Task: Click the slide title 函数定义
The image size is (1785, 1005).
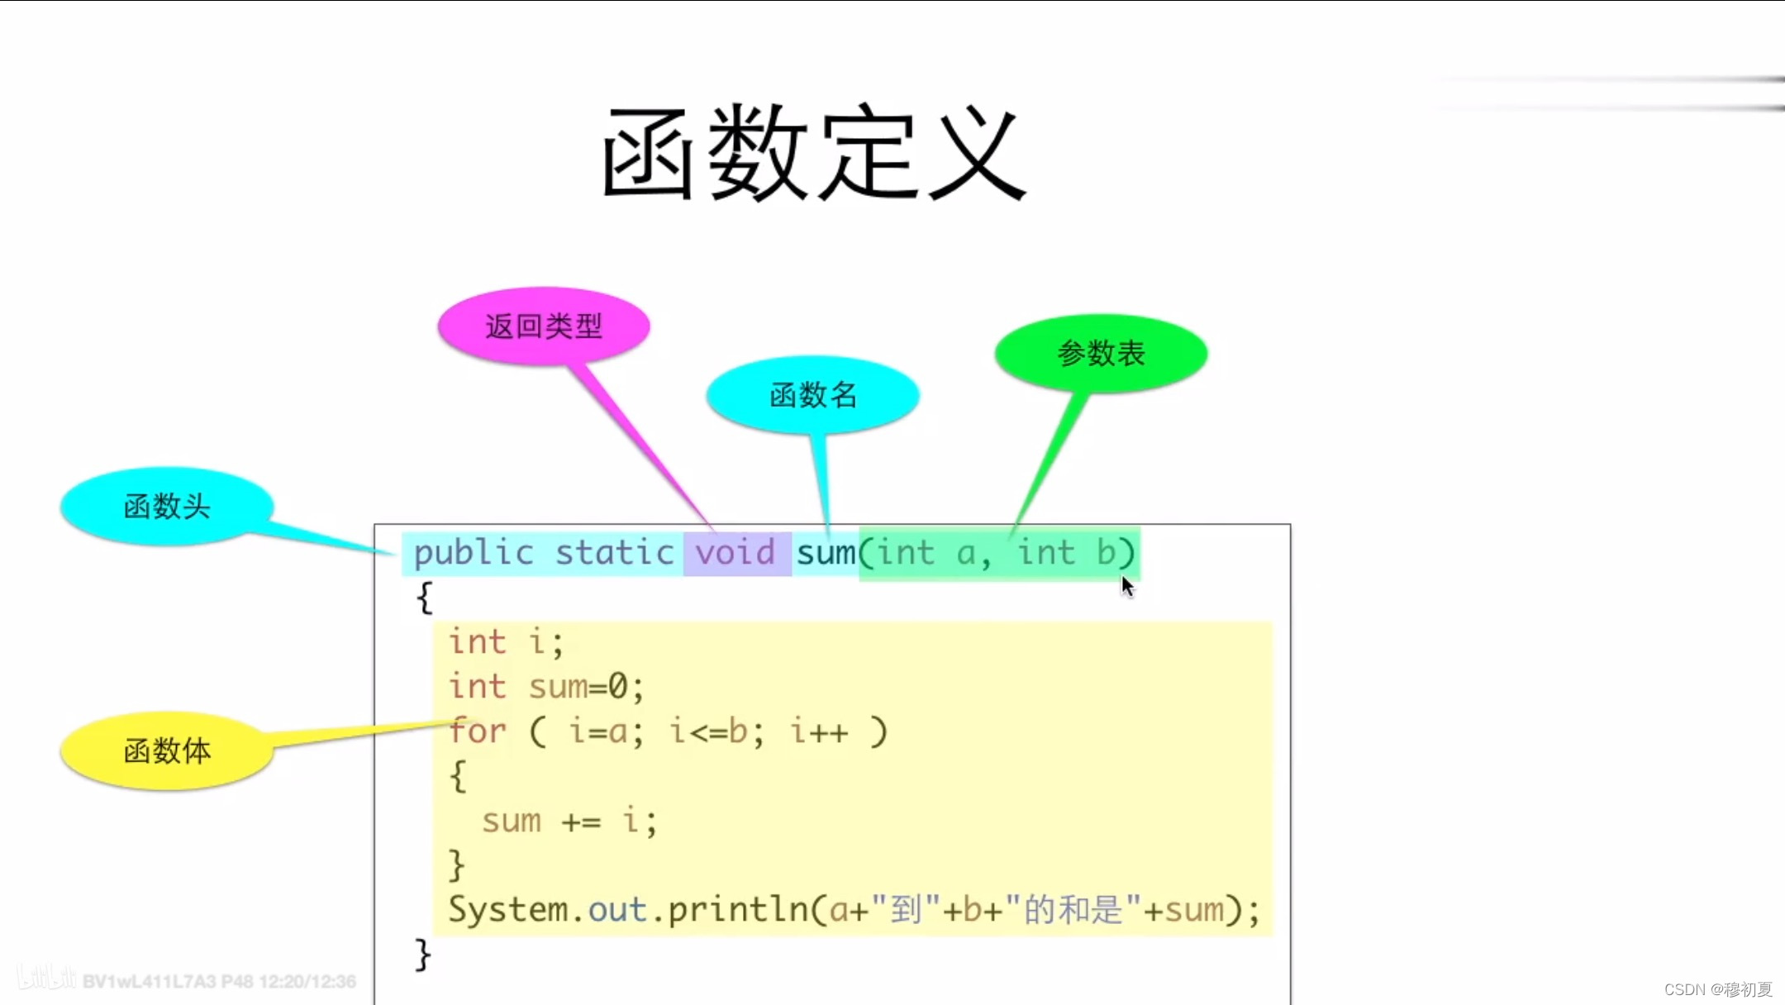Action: (814, 154)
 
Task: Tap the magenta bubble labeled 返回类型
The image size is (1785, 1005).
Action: (544, 326)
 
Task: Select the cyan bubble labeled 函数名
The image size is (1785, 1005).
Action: (813, 395)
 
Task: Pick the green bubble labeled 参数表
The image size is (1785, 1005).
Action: (1101, 354)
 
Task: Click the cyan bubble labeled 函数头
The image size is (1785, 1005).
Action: (167, 507)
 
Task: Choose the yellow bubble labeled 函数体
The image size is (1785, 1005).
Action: (167, 751)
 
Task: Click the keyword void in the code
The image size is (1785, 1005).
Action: (735, 553)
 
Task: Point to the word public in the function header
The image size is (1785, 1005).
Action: (474, 553)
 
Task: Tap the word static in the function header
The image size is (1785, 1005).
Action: (614, 553)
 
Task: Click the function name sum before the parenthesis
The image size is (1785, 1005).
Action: (826, 553)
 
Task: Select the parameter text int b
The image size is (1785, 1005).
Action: (1066, 553)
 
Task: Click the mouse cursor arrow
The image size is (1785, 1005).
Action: (1127, 586)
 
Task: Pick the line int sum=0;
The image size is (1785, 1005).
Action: (545, 687)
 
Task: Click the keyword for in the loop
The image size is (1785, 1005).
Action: (478, 731)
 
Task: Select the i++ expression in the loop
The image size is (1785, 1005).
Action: (819, 731)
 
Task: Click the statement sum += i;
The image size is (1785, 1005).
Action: (569, 822)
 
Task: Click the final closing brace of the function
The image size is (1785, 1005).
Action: (422, 955)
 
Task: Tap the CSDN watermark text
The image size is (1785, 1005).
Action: (1718, 989)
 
